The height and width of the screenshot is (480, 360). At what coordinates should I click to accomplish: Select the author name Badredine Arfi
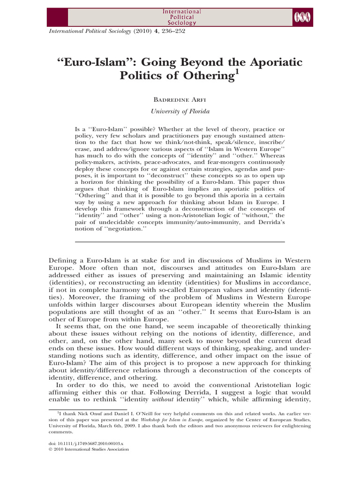point(180,100)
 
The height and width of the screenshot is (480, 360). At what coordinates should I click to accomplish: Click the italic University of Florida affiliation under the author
point(180,112)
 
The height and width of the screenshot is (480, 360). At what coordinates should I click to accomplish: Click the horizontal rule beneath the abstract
point(180,241)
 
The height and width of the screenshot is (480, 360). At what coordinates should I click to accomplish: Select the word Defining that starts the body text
point(64,260)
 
